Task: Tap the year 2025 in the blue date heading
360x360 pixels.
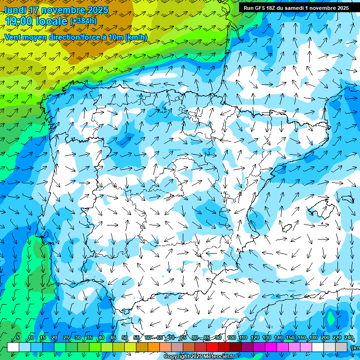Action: (97, 10)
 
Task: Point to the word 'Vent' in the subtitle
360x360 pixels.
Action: (13, 37)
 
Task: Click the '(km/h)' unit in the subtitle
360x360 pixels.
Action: (136, 37)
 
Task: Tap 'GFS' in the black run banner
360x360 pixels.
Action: (261, 8)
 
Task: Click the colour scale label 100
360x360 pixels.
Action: (232, 337)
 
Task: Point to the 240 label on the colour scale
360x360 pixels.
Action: (349, 337)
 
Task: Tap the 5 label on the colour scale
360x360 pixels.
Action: (18, 337)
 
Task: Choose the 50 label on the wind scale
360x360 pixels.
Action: (125, 337)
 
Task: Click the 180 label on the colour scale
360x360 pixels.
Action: (314, 337)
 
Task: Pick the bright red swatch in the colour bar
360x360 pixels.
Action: (212, 347)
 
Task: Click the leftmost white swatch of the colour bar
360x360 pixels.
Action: (13, 347)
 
